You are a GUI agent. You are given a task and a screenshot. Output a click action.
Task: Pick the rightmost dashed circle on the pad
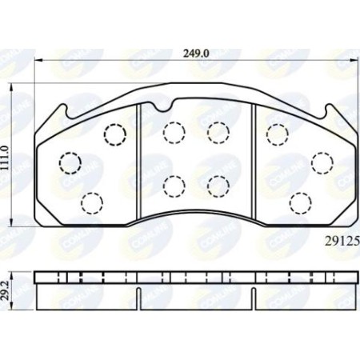pyautogui.click(x=322, y=162)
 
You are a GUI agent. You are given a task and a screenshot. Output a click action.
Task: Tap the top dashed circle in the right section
pyautogui.click(x=276, y=133)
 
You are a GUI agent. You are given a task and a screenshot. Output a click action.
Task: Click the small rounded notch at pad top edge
pyautogui.click(x=163, y=105)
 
